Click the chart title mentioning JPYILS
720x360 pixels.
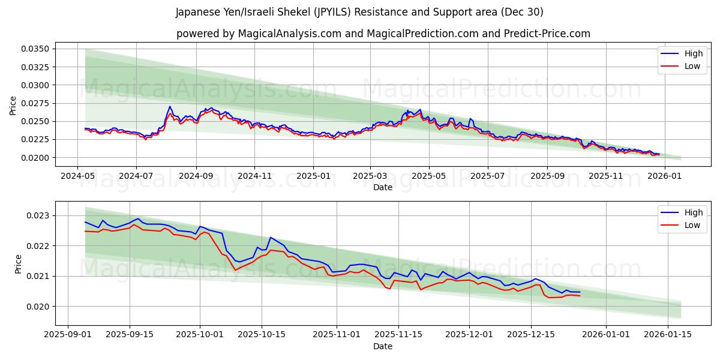(x=359, y=12)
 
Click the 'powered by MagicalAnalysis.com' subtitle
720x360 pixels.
(x=383, y=34)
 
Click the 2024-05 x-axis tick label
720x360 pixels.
(x=77, y=177)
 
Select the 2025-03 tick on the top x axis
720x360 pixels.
(x=370, y=177)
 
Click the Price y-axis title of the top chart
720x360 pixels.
(x=13, y=106)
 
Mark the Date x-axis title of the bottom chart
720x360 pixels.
(x=383, y=346)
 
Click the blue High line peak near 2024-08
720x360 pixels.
(x=170, y=106)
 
